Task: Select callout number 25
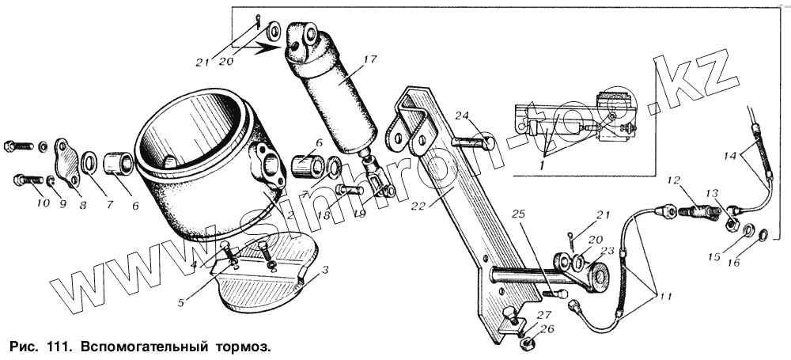[518, 214]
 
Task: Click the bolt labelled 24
[472, 143]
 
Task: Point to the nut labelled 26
[527, 345]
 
